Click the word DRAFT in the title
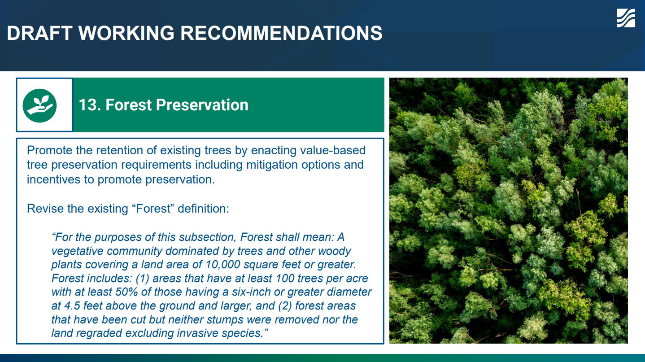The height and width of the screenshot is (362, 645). point(39,33)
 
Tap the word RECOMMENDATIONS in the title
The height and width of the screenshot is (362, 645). point(281,33)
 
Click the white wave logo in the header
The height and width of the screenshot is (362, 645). point(626,18)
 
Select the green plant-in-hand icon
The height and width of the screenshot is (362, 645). point(39,106)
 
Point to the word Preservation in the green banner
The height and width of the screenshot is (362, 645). point(202,105)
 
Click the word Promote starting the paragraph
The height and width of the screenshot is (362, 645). point(49,150)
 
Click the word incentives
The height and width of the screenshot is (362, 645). point(53,180)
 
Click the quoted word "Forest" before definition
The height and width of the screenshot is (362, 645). point(153,209)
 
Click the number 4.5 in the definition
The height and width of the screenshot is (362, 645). point(72,306)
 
